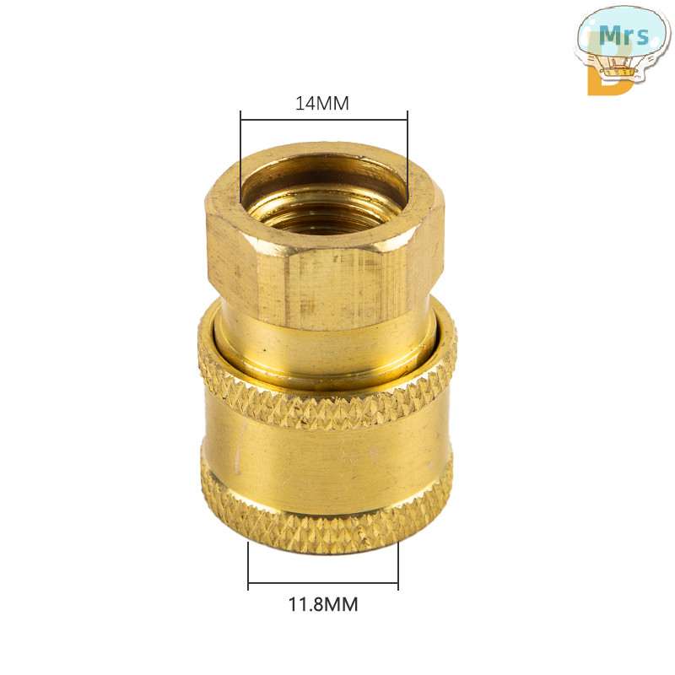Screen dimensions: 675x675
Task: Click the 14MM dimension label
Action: [x=322, y=103]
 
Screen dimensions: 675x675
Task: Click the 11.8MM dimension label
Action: [x=323, y=604]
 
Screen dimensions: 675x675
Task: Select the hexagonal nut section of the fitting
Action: [x=325, y=237]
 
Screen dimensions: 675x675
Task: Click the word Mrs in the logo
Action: [x=624, y=35]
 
